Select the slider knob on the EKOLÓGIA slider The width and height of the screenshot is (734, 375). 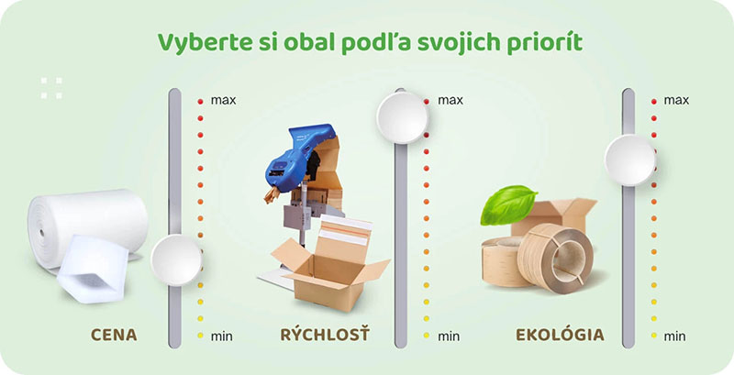click(629, 158)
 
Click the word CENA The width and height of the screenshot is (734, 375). click(114, 335)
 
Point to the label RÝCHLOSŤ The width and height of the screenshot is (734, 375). click(324, 335)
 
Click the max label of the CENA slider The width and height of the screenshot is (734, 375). click(223, 99)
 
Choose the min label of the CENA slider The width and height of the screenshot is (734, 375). click(221, 336)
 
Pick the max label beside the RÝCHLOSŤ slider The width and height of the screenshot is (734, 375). click(450, 99)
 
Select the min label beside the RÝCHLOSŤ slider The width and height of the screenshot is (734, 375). click(449, 336)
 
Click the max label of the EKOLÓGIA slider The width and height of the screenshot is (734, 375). click(676, 99)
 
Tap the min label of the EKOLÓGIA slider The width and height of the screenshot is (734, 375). click(675, 336)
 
